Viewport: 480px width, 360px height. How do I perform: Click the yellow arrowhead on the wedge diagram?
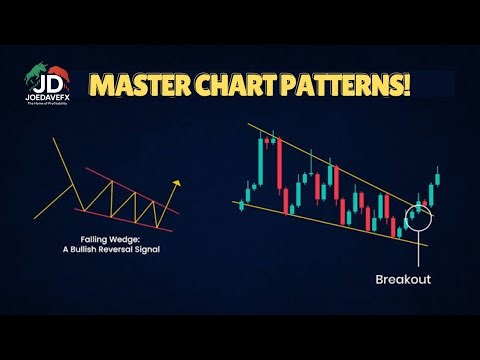[x=177, y=183]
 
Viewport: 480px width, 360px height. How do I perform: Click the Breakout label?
[x=404, y=280]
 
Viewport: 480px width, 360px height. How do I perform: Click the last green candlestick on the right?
[x=438, y=187]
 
